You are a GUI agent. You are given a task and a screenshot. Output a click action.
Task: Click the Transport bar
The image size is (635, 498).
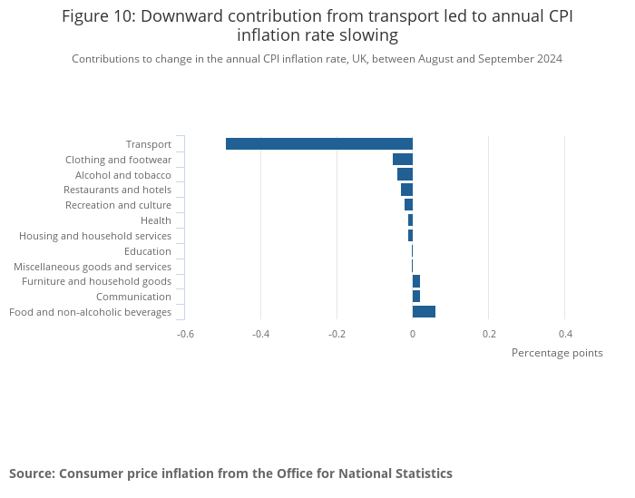click(319, 143)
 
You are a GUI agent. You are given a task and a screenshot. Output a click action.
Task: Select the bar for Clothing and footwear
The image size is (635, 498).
click(403, 159)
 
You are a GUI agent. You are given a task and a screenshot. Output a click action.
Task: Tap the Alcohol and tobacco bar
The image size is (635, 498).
click(405, 174)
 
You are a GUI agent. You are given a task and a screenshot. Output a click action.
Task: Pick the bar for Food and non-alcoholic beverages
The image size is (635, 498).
click(424, 312)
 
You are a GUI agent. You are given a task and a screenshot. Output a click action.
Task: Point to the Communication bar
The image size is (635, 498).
click(416, 297)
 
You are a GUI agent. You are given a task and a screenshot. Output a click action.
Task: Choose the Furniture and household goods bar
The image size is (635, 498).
click(416, 281)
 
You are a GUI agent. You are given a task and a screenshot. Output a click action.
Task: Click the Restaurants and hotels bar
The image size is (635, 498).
click(406, 190)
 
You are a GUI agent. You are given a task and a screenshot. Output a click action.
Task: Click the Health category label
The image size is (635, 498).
click(155, 220)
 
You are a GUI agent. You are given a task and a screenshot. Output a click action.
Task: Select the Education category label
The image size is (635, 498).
click(147, 251)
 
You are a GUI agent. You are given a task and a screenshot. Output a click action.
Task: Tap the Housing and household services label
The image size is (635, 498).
click(95, 236)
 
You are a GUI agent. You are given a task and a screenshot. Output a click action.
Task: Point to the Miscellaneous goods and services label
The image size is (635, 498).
click(93, 267)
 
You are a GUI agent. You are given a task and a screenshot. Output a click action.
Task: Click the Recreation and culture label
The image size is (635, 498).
click(118, 205)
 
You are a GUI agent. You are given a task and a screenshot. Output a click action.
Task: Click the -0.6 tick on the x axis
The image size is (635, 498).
click(185, 334)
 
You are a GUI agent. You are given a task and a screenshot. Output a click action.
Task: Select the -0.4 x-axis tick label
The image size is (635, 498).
click(260, 334)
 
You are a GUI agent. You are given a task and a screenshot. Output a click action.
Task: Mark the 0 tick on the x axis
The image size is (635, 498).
click(413, 334)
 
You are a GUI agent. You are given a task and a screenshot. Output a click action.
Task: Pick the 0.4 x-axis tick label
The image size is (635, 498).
click(564, 334)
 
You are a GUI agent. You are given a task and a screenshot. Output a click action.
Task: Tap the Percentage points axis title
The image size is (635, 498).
click(556, 353)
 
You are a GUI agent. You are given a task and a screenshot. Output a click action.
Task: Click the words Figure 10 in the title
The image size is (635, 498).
click(96, 16)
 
